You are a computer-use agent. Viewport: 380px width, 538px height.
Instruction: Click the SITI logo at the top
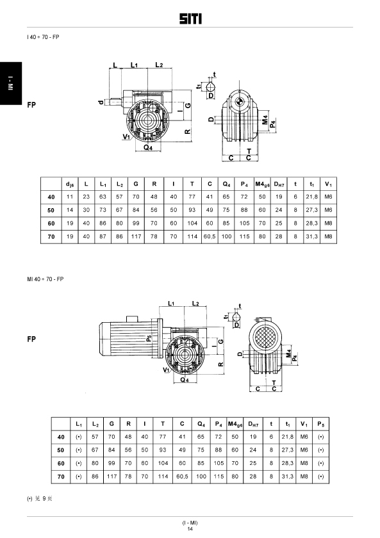190,19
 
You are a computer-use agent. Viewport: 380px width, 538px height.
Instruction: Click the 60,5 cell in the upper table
210,236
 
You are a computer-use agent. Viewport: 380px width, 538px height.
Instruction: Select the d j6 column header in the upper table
70,184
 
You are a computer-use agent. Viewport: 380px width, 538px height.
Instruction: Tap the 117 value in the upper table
136,236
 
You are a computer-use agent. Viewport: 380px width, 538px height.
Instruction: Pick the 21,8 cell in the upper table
311,197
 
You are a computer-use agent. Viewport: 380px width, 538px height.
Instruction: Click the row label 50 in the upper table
51,210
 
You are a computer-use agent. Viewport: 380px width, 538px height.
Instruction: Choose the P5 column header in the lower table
320,424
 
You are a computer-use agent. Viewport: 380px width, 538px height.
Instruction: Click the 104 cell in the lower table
163,463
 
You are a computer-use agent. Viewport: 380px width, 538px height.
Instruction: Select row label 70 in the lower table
61,477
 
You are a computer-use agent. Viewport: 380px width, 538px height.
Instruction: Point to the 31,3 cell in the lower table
287,477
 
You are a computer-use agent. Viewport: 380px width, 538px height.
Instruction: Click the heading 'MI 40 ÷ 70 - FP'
45,279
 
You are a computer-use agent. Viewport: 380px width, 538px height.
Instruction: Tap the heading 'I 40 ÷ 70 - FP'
43,37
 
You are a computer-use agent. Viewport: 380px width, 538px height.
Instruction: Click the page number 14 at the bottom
190,529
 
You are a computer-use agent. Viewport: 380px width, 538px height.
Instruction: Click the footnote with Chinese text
40,498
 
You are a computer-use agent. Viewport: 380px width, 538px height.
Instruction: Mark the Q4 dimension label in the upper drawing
148,147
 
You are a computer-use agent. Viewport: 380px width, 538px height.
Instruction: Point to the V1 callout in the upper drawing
126,136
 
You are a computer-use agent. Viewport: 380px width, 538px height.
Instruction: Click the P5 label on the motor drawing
149,338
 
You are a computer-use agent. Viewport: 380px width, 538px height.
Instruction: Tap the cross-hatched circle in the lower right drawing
265,336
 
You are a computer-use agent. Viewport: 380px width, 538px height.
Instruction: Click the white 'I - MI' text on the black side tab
11,83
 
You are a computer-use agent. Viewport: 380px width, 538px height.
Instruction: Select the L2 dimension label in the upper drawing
159,65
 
